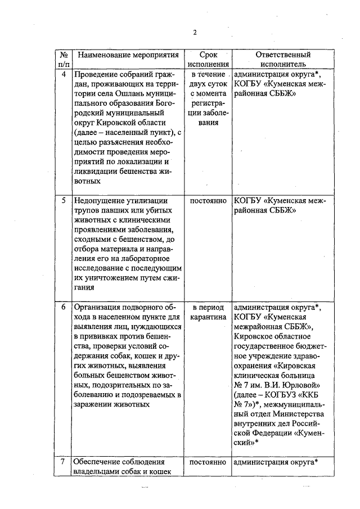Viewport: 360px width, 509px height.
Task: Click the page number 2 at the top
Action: pyautogui.click(x=195, y=32)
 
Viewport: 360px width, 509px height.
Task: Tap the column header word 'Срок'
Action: pyautogui.click(x=208, y=55)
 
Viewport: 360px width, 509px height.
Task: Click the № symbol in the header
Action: pyautogui.click(x=64, y=55)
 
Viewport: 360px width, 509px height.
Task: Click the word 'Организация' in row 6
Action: pyautogui.click(x=98, y=307)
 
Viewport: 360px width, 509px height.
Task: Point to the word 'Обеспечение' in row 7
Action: pyautogui.click(x=97, y=462)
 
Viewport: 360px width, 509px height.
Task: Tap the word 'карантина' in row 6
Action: pyautogui.click(x=208, y=318)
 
